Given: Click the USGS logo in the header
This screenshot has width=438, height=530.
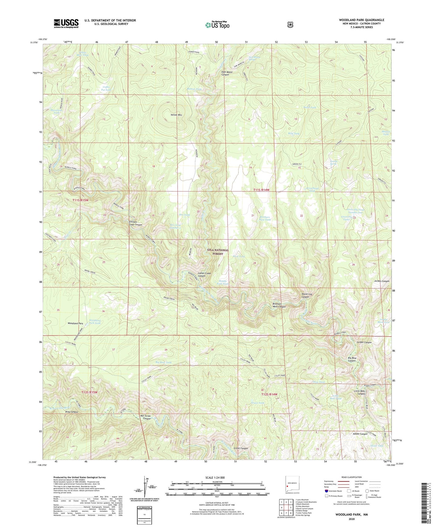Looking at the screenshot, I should coord(66,23).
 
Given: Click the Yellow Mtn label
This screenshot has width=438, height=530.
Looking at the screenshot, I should coord(176,115).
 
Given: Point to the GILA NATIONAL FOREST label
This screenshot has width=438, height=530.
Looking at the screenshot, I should coord(218,252).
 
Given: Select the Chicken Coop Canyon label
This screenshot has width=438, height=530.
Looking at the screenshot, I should coord(135,223).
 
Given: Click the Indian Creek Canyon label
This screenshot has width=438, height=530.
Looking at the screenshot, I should coord(204,275).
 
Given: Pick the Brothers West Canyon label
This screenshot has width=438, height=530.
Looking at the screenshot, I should coord(279,305).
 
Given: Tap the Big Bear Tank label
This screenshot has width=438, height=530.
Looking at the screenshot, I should coord(163,362).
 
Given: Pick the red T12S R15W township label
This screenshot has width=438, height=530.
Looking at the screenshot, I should coord(90,392).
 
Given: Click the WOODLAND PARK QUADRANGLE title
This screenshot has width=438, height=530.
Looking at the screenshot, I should coord(361,20).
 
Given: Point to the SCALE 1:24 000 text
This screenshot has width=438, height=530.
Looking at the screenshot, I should coord(215,477).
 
